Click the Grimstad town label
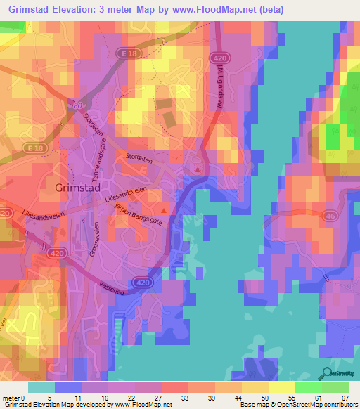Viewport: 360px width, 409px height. [80, 188]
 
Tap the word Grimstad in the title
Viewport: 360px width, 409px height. [34, 10]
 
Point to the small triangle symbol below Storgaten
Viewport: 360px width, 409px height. [198, 169]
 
